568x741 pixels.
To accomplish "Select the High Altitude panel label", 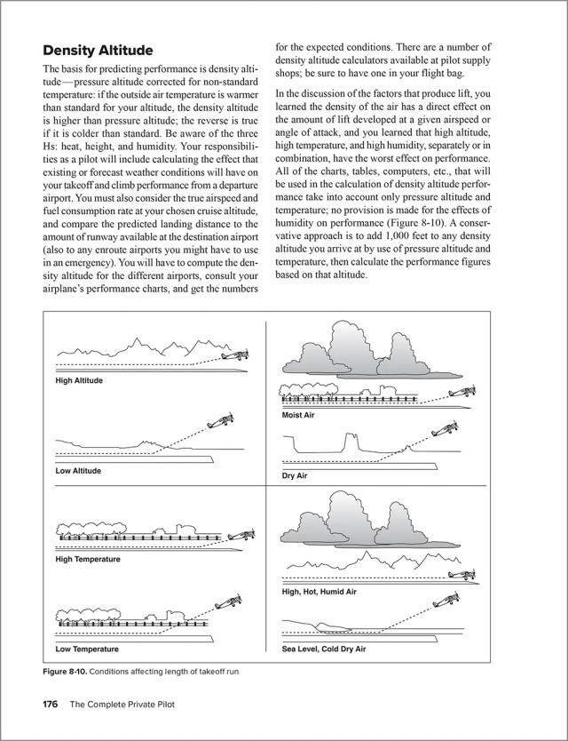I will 79,380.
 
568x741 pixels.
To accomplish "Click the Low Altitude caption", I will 78,470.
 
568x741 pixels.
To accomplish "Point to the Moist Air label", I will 298,415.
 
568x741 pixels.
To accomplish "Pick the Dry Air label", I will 294,475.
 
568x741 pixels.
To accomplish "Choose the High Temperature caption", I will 88,559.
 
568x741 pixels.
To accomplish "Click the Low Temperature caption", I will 87,649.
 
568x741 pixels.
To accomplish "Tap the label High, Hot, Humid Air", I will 319,591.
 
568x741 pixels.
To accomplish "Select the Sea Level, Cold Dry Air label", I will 324,649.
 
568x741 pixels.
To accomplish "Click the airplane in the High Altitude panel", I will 233,354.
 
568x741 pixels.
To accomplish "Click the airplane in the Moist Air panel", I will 463,392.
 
